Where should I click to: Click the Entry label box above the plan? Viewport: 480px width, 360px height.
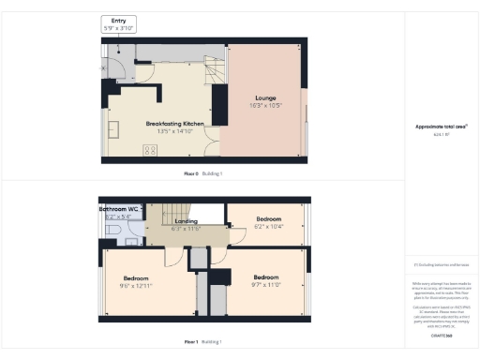pyautogui.click(x=119, y=25)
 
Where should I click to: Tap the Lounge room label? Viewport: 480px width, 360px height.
pyautogui.click(x=265, y=97)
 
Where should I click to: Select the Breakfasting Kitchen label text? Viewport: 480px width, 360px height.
pyautogui.click(x=173, y=124)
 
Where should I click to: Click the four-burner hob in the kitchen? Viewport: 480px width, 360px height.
pyautogui.click(x=149, y=150)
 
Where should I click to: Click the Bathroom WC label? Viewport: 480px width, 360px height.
pyautogui.click(x=120, y=208)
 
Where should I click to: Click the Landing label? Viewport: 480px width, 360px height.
pyautogui.click(x=187, y=220)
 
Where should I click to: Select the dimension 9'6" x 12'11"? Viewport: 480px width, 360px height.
pyautogui.click(x=143, y=286)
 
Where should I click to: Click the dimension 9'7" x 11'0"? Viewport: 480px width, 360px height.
pyautogui.click(x=265, y=284)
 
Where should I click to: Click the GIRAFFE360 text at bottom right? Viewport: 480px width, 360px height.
pyautogui.click(x=442, y=335)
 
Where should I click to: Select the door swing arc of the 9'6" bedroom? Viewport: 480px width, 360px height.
pyautogui.click(x=174, y=257)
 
